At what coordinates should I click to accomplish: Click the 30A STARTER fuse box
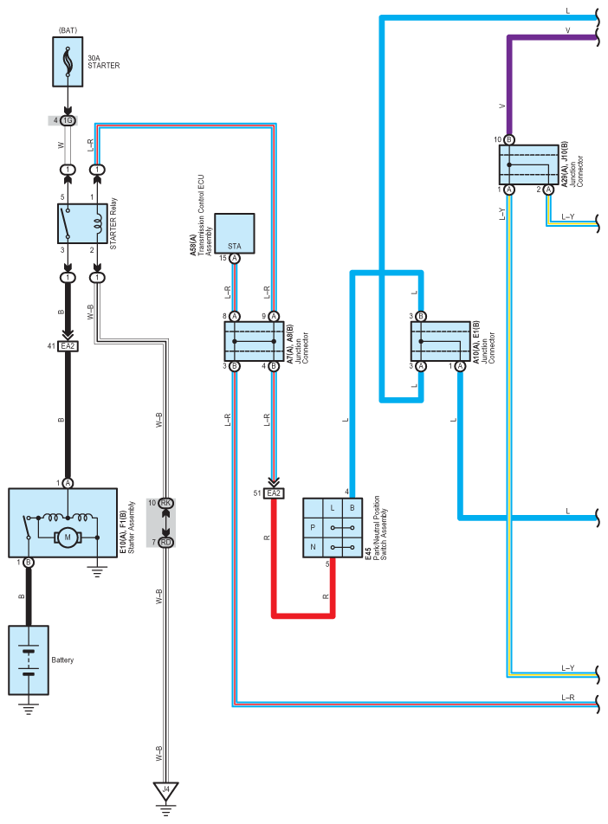(x=68, y=61)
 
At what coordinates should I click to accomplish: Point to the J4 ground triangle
(x=166, y=790)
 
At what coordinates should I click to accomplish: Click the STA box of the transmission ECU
(x=235, y=233)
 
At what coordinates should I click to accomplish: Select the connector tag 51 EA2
(x=274, y=493)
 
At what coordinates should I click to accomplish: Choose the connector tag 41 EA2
(x=68, y=346)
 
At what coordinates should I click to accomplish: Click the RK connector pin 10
(x=165, y=503)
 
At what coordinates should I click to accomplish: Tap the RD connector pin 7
(x=165, y=543)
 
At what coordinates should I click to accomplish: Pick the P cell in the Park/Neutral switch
(x=313, y=526)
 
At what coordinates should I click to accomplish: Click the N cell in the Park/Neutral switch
(x=313, y=547)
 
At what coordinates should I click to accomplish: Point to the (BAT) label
(x=68, y=30)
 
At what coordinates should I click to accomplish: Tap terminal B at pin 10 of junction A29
(x=509, y=139)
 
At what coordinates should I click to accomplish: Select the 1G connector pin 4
(x=68, y=119)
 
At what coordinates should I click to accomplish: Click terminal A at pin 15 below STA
(x=235, y=258)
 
